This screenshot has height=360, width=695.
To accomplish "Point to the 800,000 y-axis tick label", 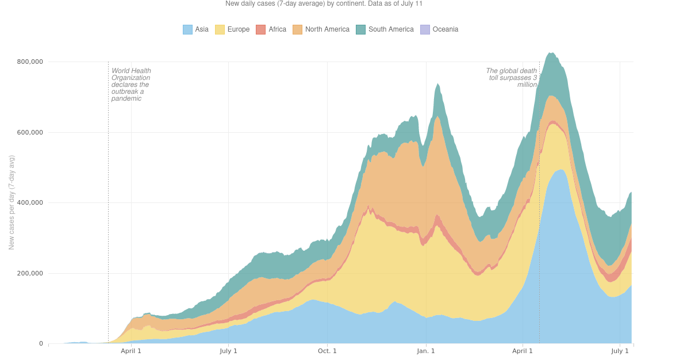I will tap(29, 62).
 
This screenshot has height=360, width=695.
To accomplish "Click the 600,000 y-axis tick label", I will tap(29, 132).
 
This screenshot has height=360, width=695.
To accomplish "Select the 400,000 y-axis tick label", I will tap(29, 202).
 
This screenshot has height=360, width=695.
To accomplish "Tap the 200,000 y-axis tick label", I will tap(29, 273).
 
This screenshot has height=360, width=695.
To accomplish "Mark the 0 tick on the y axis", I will tap(41, 344).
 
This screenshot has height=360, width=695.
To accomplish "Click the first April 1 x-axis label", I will tap(131, 351).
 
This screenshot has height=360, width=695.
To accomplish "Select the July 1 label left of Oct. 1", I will tap(228, 351).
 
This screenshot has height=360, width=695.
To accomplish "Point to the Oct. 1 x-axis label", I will tap(327, 351).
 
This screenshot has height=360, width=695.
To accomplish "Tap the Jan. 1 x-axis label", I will tap(426, 351).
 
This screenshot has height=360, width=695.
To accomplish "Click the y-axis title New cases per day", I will tap(11, 202).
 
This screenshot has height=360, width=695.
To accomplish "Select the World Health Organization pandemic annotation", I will tap(131, 85).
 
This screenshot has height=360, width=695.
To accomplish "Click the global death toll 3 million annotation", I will tap(511, 78).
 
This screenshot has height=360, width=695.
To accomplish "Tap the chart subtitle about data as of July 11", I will tap(324, 3).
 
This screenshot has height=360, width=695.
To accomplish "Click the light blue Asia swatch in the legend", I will tap(187, 29).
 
